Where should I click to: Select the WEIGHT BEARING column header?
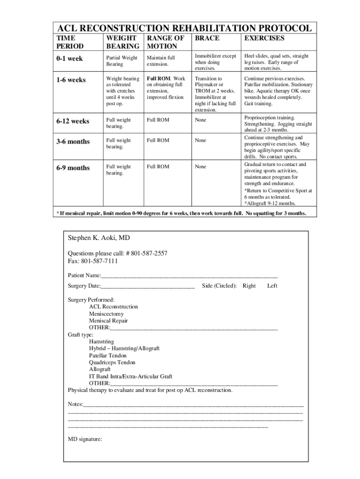coord(122,42)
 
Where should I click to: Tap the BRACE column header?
coord(207,38)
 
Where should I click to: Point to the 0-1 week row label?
coord(70,58)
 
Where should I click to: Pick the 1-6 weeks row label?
coord(71,80)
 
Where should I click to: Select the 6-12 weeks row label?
coord(73,121)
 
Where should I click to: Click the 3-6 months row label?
coord(73,141)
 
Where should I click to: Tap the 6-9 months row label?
coord(73,168)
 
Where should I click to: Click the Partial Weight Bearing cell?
coord(122,61)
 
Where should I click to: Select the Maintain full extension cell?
coord(161,61)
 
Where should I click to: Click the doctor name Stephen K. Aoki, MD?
coord(99,238)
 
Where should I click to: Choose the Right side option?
coord(249,286)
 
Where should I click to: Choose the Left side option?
coord(272,286)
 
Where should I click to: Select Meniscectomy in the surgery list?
coord(106,314)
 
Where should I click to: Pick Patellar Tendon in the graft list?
coord(108,356)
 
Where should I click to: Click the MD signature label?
coord(85,439)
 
